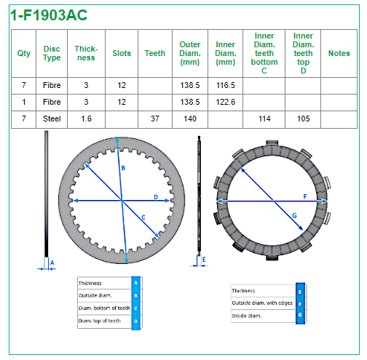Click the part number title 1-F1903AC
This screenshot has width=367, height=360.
tap(49, 15)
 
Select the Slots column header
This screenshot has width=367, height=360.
tap(122, 53)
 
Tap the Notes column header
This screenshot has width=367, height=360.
tap(339, 53)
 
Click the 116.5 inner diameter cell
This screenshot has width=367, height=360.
tap(226, 85)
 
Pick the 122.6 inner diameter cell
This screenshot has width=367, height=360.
tap(226, 102)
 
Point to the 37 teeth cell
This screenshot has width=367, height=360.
tap(155, 119)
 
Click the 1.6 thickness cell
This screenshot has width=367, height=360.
tap(86, 119)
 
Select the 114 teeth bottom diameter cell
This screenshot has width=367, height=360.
tap(264, 119)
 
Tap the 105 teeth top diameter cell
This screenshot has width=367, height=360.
tap(303, 119)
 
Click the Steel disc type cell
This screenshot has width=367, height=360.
tap(52, 119)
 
